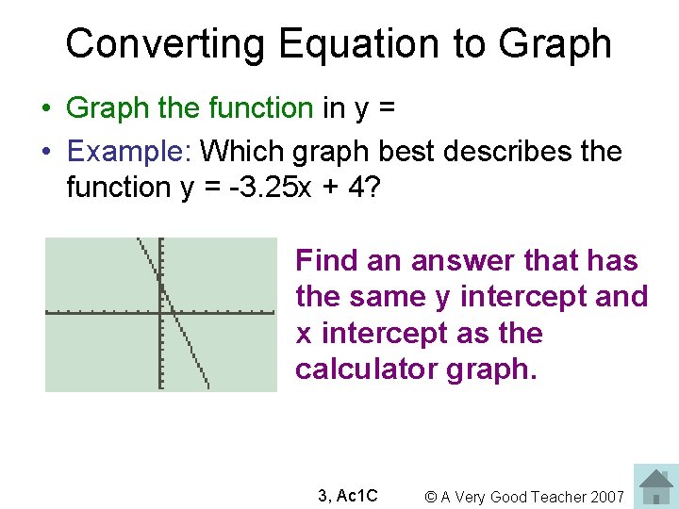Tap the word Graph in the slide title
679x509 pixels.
pos(555,44)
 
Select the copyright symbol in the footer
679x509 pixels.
pos(430,497)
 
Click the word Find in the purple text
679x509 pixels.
pos(326,260)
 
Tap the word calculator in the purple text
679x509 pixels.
pos(364,369)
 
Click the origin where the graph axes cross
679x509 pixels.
pos(161,312)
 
